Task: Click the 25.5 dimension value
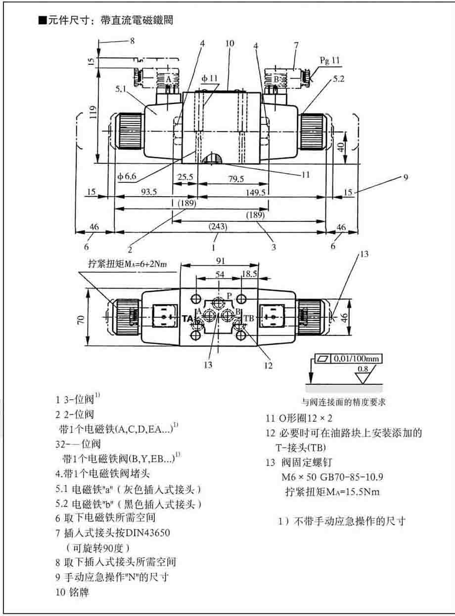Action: (185, 177)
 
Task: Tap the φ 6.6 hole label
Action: (126, 176)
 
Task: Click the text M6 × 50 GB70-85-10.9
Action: (332, 478)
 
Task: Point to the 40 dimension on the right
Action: (338, 147)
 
